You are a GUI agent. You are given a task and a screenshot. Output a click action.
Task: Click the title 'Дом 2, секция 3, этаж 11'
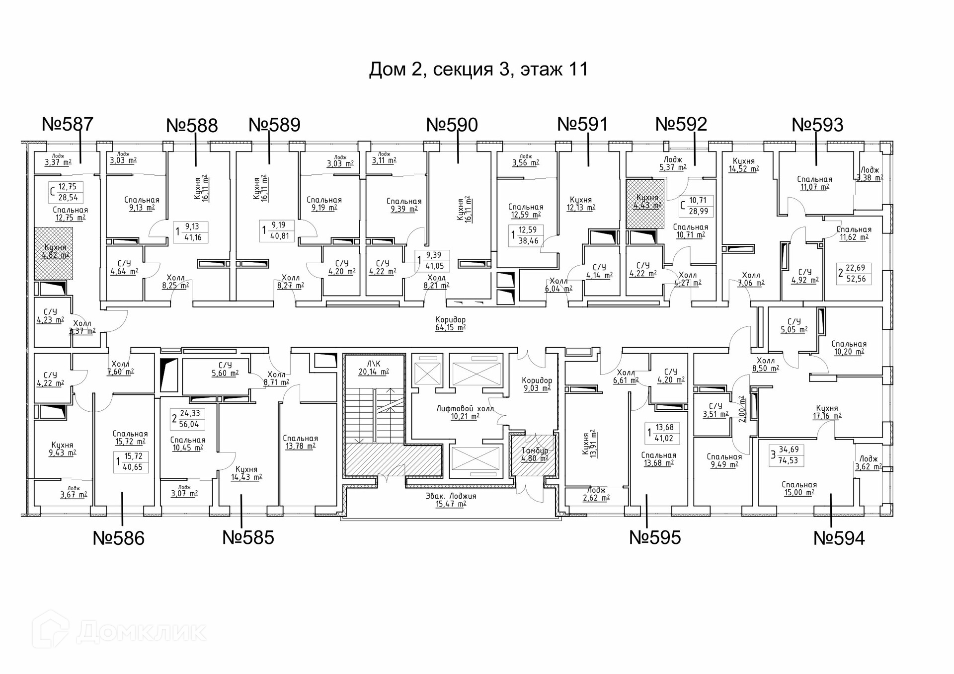[x=478, y=69]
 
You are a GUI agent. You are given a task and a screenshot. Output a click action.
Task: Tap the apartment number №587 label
[x=68, y=124]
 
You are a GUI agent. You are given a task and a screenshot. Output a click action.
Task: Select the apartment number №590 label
[x=452, y=125]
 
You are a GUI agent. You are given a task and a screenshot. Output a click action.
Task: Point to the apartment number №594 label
[x=839, y=538]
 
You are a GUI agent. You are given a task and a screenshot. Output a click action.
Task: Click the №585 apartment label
[x=248, y=537]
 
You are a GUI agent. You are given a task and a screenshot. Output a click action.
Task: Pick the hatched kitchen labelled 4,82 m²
[x=54, y=252]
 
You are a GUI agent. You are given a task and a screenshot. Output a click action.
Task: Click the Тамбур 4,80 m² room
[x=535, y=454]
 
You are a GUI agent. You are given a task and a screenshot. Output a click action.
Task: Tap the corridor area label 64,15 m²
[x=450, y=323]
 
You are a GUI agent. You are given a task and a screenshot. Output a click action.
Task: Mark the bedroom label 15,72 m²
[x=130, y=437]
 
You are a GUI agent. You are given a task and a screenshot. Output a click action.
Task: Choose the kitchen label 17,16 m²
[x=827, y=412]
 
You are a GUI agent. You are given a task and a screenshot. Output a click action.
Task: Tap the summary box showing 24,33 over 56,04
[x=187, y=419]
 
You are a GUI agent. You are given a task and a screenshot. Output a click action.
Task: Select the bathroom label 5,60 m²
[x=225, y=369]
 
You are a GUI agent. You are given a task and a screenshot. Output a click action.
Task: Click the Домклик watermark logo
[x=119, y=631]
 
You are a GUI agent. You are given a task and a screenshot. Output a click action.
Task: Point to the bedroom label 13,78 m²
[x=300, y=442]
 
